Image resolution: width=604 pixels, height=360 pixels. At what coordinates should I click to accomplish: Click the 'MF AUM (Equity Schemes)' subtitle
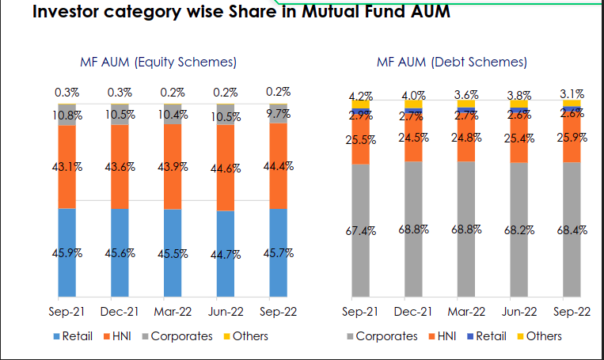pyautogui.click(x=158, y=63)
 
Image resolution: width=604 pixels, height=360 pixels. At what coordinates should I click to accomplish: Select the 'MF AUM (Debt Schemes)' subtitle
pyautogui.click(x=452, y=63)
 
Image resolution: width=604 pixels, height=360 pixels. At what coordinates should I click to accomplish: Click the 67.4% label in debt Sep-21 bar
pyautogui.click(x=362, y=232)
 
